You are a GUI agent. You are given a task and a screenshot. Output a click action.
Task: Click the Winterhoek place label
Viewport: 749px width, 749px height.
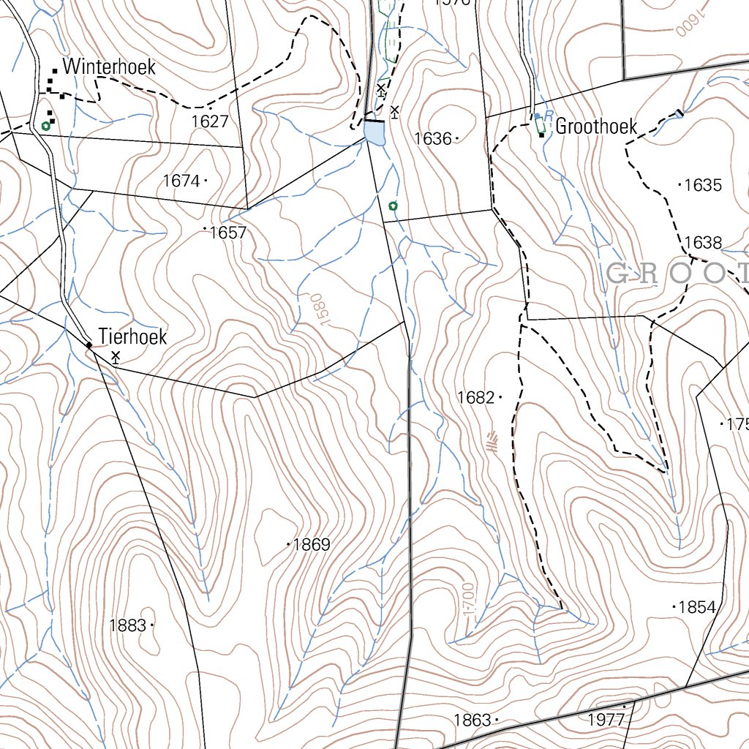pyautogui.click(x=109, y=67)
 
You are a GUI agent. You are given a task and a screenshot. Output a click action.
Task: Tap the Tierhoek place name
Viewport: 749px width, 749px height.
pyautogui.click(x=133, y=337)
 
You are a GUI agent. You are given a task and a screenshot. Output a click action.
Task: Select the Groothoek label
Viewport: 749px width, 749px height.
pyautogui.click(x=596, y=127)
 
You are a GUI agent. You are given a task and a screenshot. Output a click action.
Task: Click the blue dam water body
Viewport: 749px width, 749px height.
pyautogui.click(x=374, y=133)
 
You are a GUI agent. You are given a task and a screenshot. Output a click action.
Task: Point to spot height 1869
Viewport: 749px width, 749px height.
pyautogui.click(x=312, y=545)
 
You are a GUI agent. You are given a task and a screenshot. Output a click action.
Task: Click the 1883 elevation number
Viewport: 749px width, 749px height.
pyautogui.click(x=127, y=625)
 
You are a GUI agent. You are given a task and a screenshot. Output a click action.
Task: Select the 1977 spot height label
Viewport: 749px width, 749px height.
pyautogui.click(x=606, y=720)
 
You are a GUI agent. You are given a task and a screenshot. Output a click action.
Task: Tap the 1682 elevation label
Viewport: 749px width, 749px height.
pyautogui.click(x=475, y=397)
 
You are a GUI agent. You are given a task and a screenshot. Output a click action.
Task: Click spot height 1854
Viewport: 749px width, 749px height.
pyautogui.click(x=697, y=607)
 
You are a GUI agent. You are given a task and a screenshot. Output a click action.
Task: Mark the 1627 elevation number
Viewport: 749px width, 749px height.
pyautogui.click(x=210, y=121)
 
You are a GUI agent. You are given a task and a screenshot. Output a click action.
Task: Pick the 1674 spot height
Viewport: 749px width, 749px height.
pyautogui.click(x=181, y=180)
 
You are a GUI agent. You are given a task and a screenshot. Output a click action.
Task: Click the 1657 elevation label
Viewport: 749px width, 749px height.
pyautogui.click(x=228, y=233)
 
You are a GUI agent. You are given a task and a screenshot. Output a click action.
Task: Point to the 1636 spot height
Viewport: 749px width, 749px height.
pyautogui.click(x=433, y=138)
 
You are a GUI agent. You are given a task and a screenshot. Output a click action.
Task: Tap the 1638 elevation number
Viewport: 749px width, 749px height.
pyautogui.click(x=703, y=243)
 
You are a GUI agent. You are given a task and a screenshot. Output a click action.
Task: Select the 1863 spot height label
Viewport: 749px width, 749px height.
pyautogui.click(x=472, y=720)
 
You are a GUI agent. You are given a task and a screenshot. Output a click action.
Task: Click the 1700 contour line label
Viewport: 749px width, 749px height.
pyautogui.click(x=469, y=601)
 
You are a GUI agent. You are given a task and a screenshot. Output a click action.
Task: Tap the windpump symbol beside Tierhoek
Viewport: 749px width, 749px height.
pyautogui.click(x=116, y=356)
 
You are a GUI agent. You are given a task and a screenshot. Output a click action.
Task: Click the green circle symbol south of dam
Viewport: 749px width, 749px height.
pyautogui.click(x=393, y=206)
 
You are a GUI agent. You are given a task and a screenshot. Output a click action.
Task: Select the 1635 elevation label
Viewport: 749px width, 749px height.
pyautogui.click(x=703, y=185)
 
